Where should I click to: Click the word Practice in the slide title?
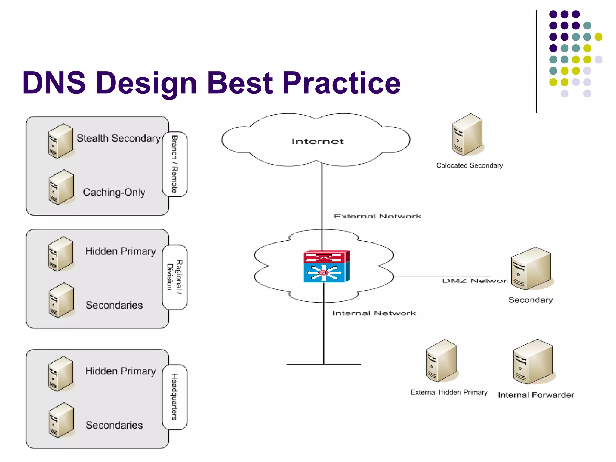(341, 83)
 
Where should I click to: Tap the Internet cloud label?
(317, 141)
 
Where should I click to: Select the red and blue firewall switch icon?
(326, 266)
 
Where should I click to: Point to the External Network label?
(377, 216)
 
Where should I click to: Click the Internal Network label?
(374, 313)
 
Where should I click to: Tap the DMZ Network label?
(475, 281)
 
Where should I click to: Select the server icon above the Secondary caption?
(531, 268)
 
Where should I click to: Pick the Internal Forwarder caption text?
(536, 395)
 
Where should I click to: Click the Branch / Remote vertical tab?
(175, 164)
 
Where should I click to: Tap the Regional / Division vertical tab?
(175, 277)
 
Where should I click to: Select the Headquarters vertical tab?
(175, 397)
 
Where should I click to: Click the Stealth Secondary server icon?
(60, 141)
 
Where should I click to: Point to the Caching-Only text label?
(114, 192)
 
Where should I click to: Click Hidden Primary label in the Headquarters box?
(120, 371)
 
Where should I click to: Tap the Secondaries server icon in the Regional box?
(61, 300)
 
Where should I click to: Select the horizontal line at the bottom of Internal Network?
(323, 364)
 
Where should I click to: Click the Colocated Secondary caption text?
(469, 165)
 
